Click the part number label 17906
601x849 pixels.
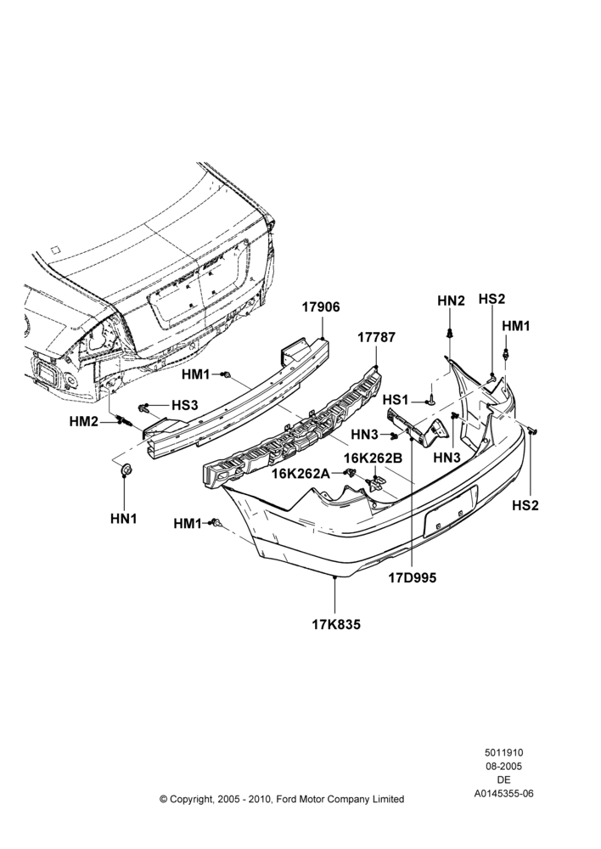pos(321,307)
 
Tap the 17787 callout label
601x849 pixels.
pos(376,337)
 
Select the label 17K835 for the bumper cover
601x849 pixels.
pos(335,624)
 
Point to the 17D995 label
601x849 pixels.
pos(412,577)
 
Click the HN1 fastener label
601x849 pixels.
pos(124,518)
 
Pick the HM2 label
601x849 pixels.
pos(84,421)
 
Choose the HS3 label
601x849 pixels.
pos(185,404)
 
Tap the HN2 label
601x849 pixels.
pos(451,301)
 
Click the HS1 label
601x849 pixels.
pos(396,400)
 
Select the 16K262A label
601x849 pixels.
pos(300,473)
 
